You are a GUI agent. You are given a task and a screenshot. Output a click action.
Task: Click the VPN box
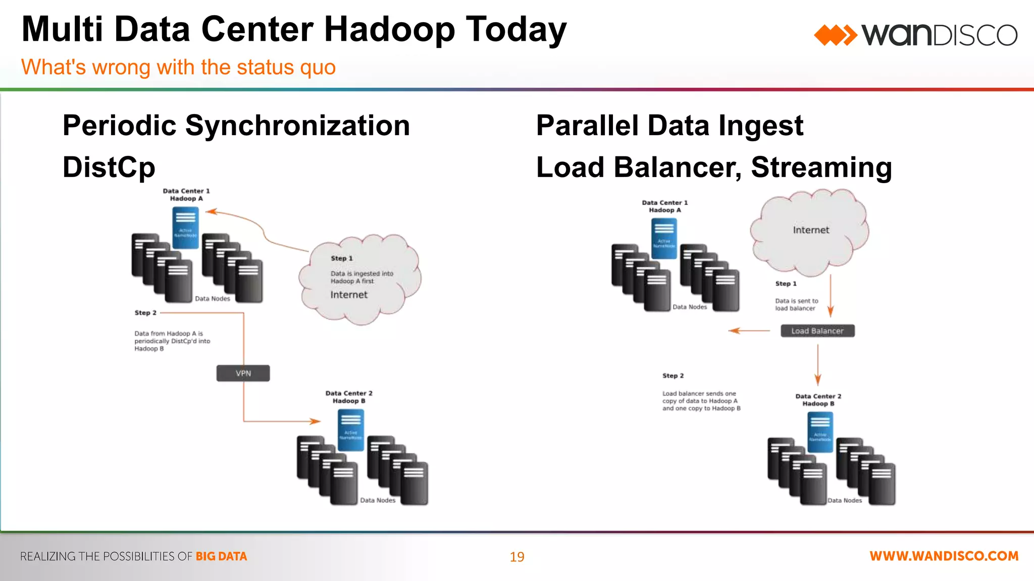(x=243, y=373)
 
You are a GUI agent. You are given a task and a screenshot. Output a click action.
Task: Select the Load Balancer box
(x=817, y=331)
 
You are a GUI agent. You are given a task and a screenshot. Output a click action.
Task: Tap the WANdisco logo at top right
(x=915, y=35)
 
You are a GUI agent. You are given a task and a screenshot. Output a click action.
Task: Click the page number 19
(x=516, y=557)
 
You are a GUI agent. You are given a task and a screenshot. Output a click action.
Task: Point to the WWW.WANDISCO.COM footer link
(x=944, y=556)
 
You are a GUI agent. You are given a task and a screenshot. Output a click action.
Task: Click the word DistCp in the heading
(x=109, y=167)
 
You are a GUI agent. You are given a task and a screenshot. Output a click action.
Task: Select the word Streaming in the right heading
(x=821, y=167)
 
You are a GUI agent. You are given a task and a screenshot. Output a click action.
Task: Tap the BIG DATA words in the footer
(x=221, y=556)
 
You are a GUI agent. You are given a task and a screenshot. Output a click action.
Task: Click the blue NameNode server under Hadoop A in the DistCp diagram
(x=185, y=228)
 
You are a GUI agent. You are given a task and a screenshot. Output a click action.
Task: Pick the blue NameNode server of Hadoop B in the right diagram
(x=820, y=432)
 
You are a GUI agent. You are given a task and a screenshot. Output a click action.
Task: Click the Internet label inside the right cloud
(x=810, y=230)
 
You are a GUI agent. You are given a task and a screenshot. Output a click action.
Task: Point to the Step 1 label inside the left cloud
(x=341, y=258)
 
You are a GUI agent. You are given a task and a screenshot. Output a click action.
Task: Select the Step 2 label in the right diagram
(x=673, y=376)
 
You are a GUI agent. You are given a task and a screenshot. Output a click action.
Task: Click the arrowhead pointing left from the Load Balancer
(x=734, y=331)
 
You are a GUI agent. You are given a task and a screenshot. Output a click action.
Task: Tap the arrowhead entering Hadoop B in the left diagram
(x=315, y=421)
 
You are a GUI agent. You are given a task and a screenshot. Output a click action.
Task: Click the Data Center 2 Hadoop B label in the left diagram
(x=348, y=397)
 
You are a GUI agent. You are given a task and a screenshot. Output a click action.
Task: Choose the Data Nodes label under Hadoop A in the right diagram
(x=689, y=307)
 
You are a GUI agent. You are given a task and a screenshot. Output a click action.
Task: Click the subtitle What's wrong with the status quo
(x=178, y=67)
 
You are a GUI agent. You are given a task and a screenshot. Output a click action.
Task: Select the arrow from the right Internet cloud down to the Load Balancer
(x=831, y=298)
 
